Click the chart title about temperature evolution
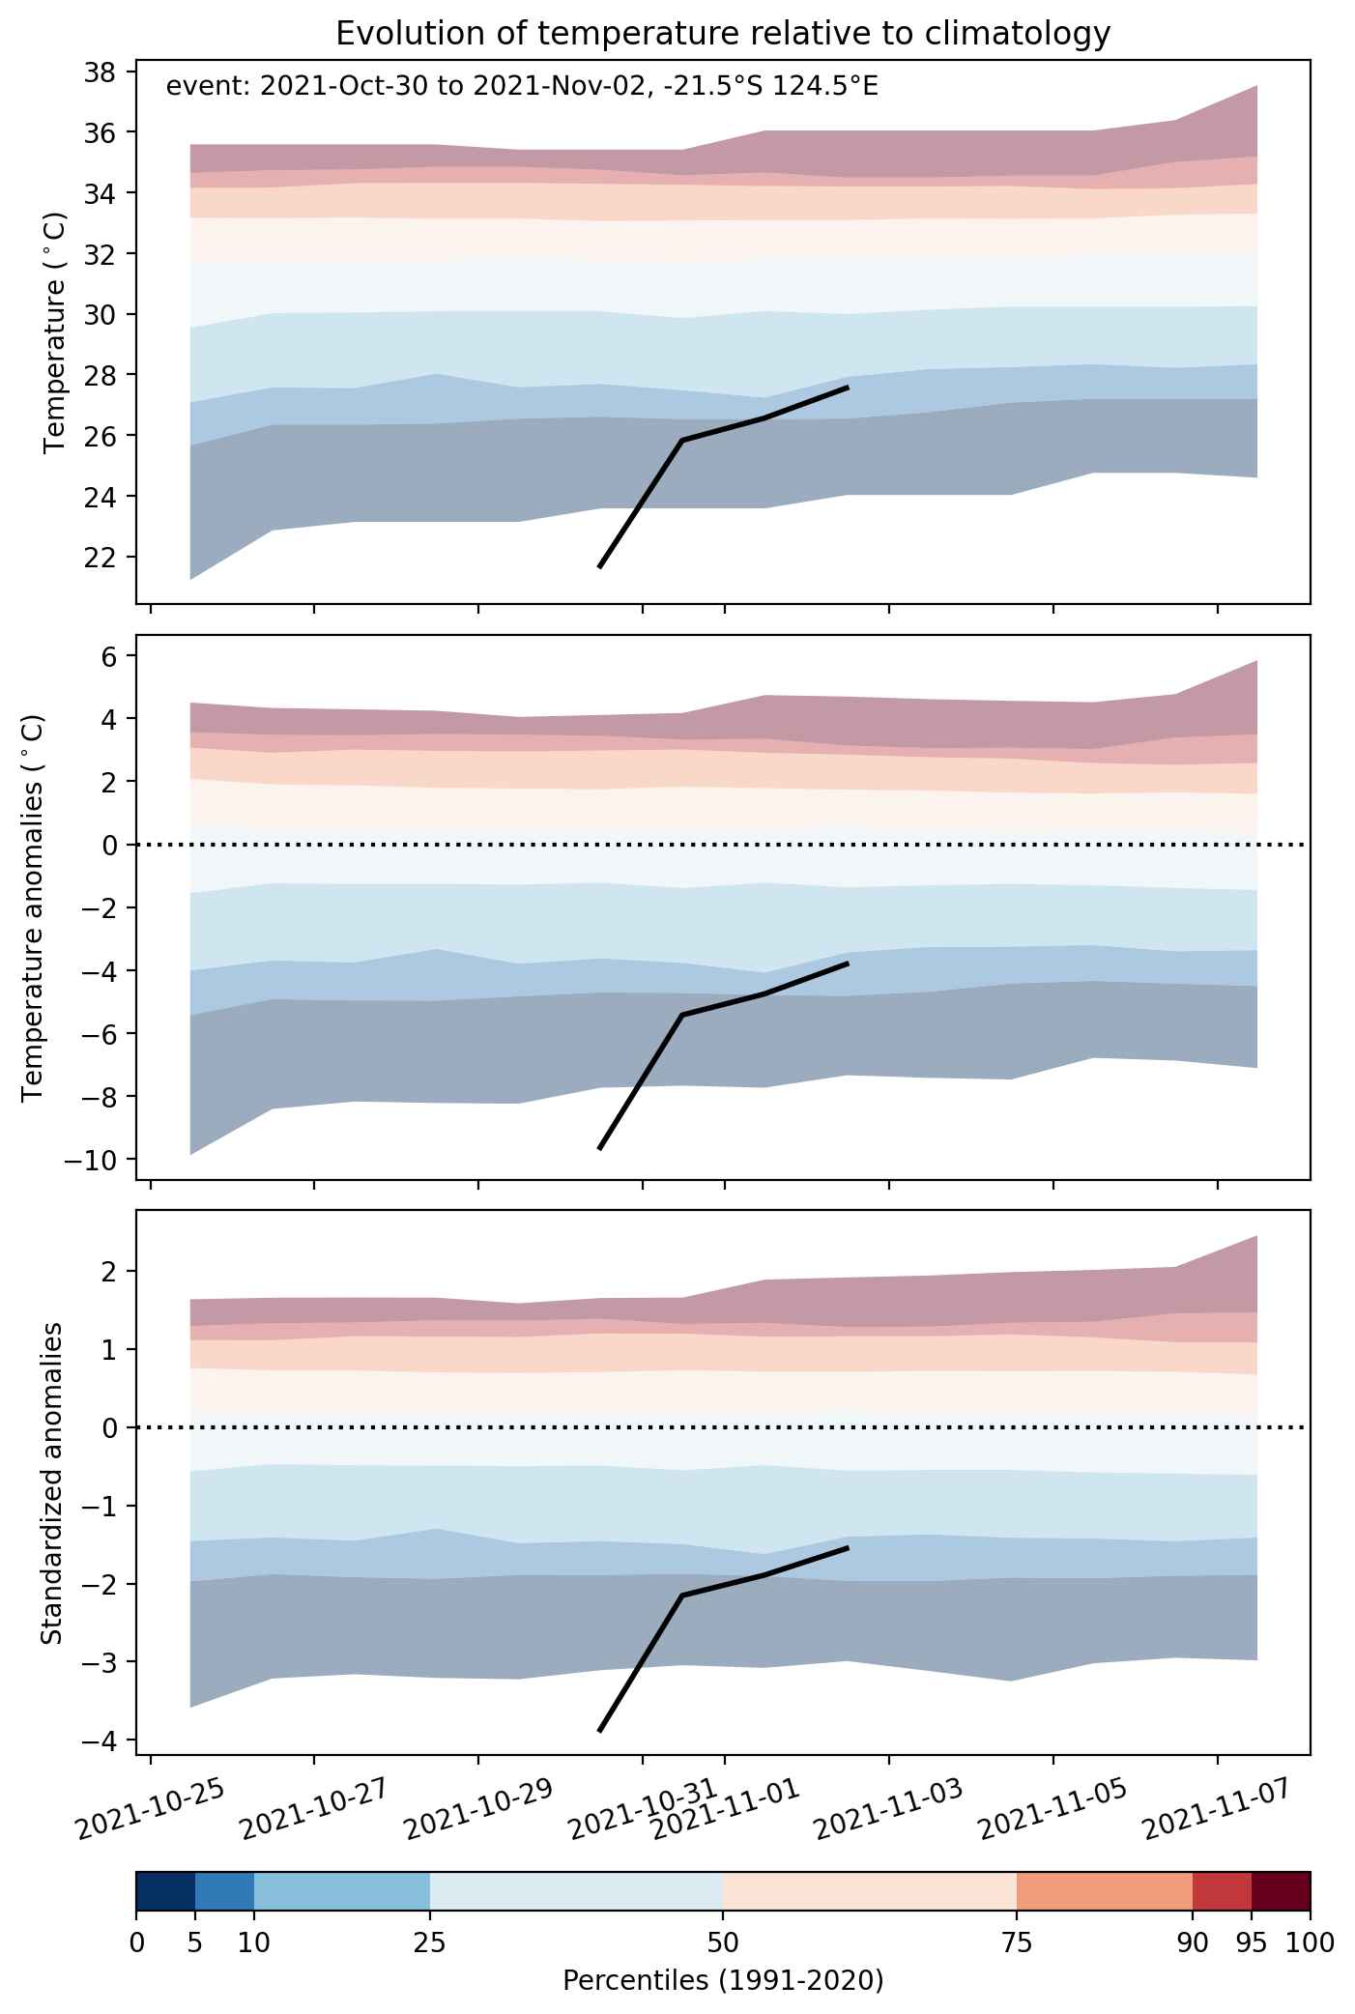click(723, 34)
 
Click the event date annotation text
click(522, 87)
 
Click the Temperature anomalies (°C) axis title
click(34, 906)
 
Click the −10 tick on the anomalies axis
click(90, 1160)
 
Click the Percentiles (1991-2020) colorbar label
click(723, 1981)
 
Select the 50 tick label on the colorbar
click(723, 1942)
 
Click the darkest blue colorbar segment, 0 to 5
click(166, 1891)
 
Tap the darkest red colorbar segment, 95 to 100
click(1281, 1891)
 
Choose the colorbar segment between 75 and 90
click(1105, 1891)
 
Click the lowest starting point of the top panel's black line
click(599, 567)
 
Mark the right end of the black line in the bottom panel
click(848, 1547)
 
